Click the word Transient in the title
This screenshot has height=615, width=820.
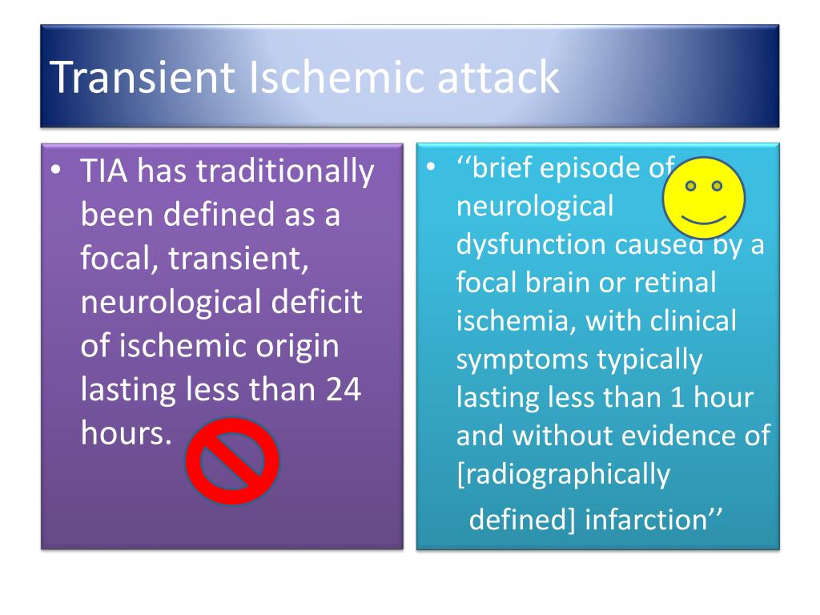(143, 78)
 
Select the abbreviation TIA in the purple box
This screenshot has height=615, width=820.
(108, 172)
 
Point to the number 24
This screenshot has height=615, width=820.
(344, 390)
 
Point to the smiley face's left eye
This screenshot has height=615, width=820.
(691, 186)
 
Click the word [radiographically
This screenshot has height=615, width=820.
(563, 474)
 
